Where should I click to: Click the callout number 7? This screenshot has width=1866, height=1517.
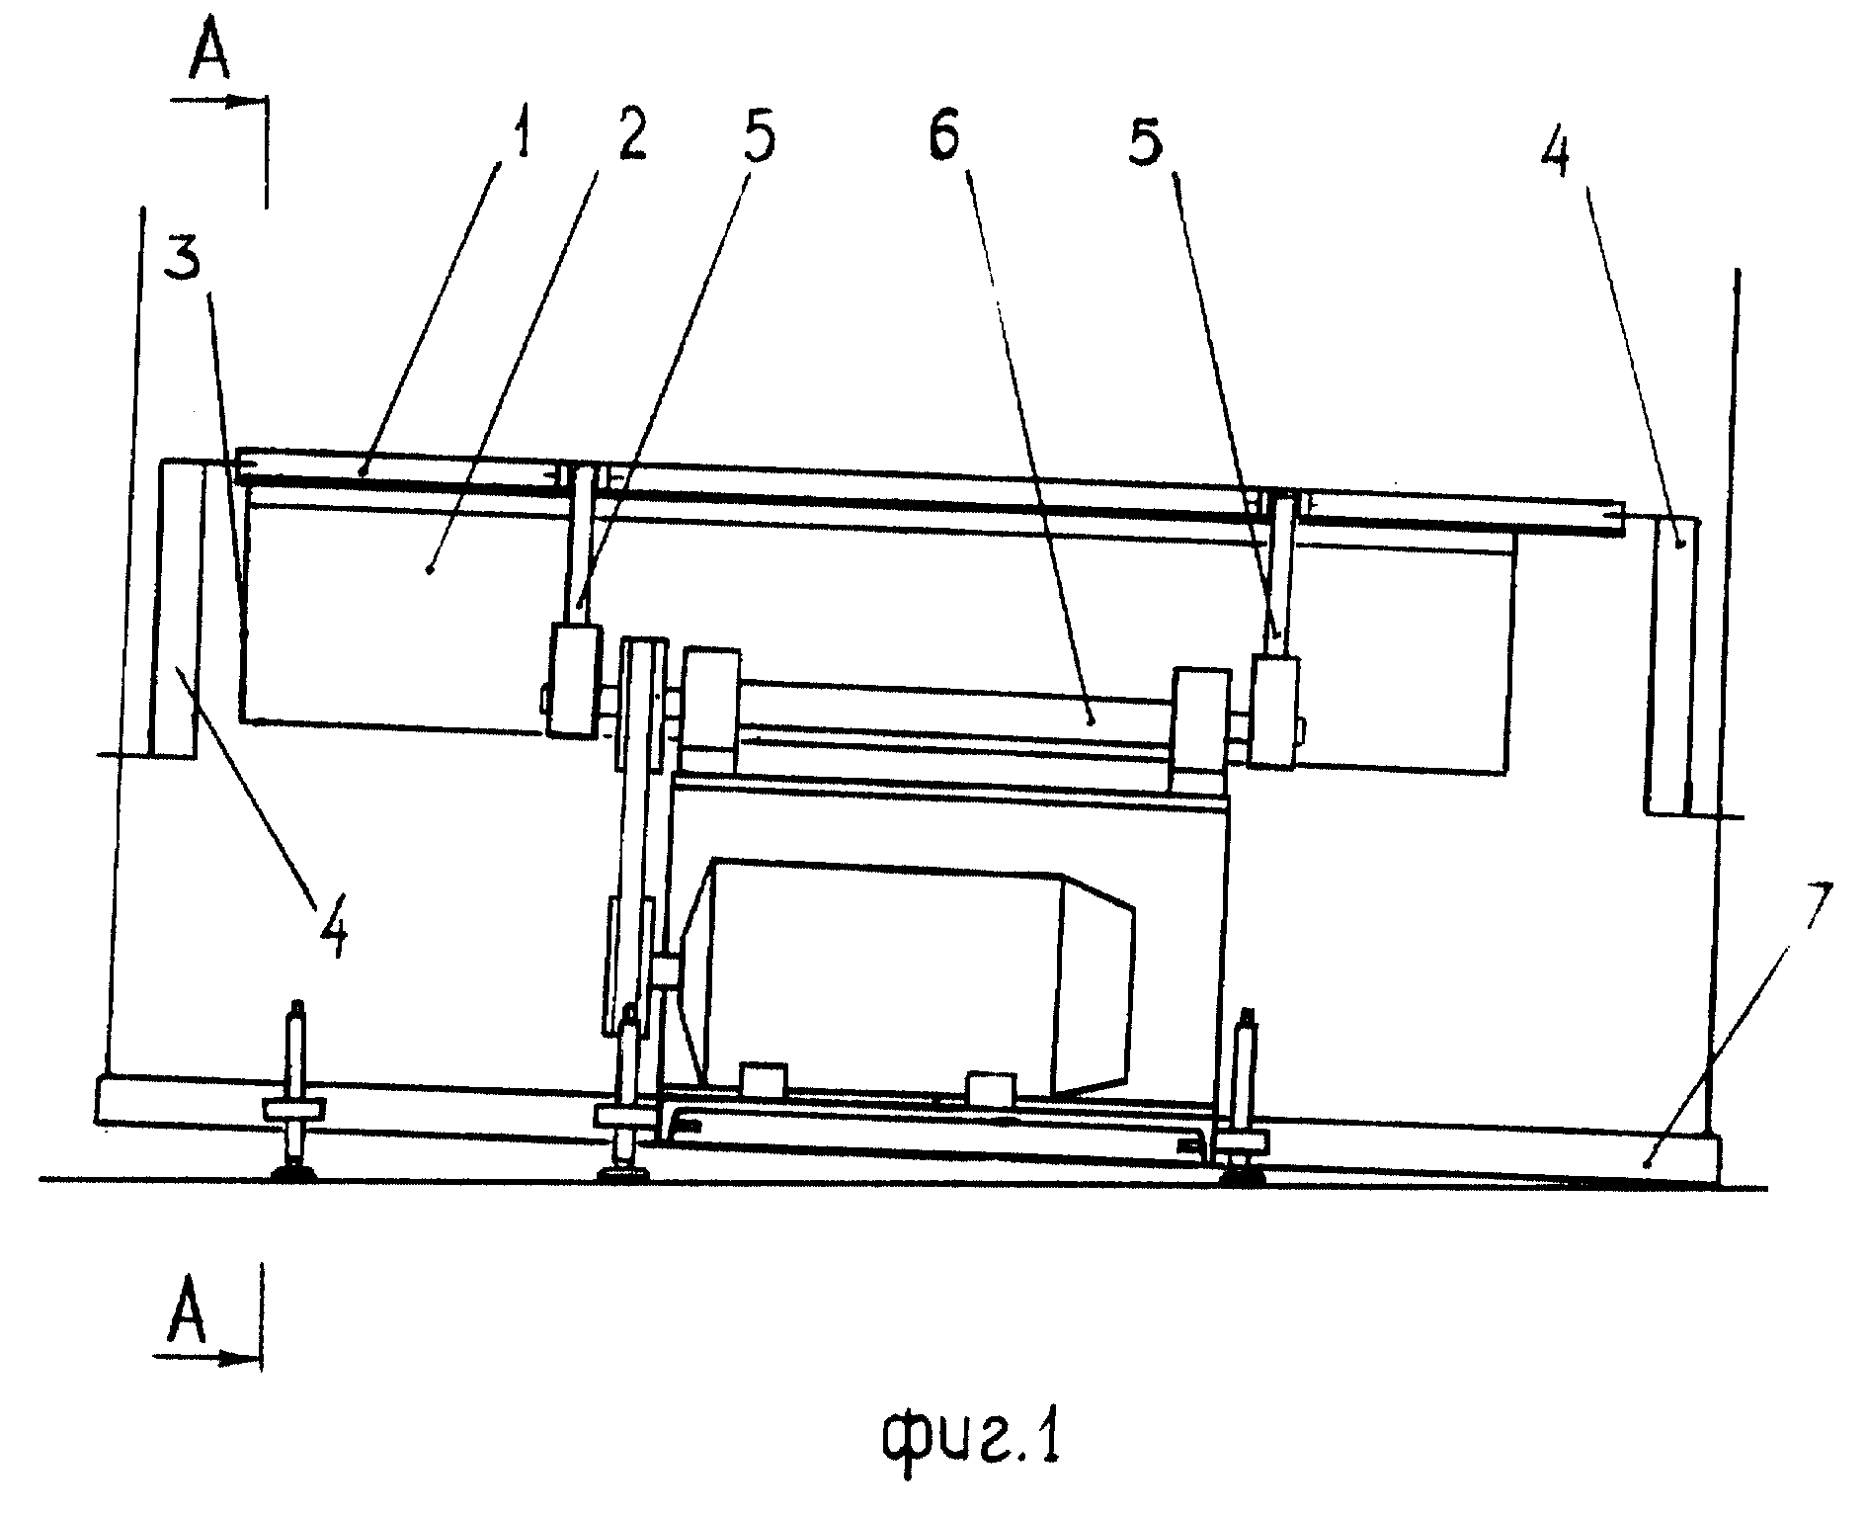pyautogui.click(x=1816, y=902)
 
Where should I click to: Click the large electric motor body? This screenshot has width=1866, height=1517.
pyautogui.click(x=914, y=978)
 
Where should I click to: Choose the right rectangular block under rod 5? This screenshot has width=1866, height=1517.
pyautogui.click(x=1274, y=711)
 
